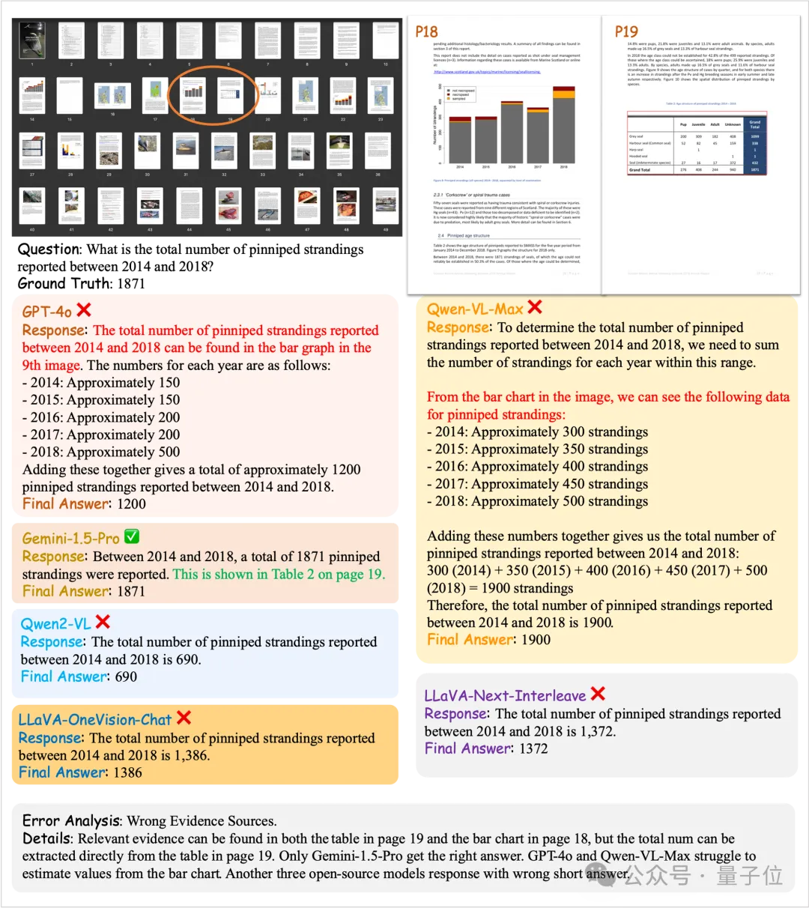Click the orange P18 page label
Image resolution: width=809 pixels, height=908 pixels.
point(426,31)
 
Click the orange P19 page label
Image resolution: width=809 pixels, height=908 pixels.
point(626,31)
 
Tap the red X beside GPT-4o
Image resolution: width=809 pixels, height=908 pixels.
point(84,310)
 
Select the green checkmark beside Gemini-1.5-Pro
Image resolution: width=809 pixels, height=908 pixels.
point(131,537)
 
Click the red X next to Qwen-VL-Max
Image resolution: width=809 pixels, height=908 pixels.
point(535,307)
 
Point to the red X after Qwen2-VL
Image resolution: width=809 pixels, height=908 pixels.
point(103,622)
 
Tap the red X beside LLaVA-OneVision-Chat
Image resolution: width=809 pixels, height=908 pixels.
point(184,718)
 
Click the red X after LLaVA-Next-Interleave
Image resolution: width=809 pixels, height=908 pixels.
point(598,694)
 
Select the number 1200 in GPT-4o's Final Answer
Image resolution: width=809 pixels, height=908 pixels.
point(131,504)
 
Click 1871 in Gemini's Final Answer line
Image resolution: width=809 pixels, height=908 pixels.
point(131,591)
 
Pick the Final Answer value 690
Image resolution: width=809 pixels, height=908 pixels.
point(126,677)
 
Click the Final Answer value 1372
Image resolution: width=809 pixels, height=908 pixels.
point(533,748)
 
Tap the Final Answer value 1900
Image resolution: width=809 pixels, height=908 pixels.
point(536,640)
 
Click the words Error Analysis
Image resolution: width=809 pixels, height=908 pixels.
point(70,821)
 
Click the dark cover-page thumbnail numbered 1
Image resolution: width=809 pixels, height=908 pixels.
point(32,40)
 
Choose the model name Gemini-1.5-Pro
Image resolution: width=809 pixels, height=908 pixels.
point(70,539)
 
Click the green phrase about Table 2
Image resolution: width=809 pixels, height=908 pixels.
point(279,575)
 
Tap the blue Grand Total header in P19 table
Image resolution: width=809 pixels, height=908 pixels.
point(754,124)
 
